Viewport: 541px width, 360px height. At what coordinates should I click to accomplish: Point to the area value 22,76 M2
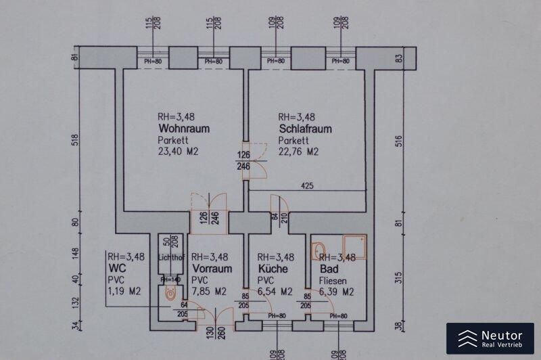pos(299,152)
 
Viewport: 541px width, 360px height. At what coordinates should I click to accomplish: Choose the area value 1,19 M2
pos(123,292)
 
